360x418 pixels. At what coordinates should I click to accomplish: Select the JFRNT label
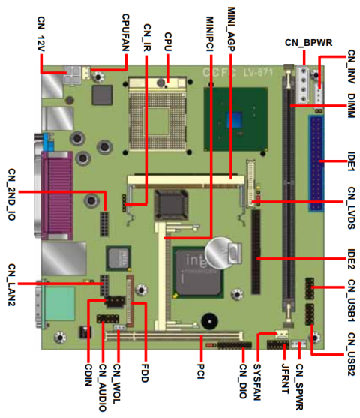(283, 379)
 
